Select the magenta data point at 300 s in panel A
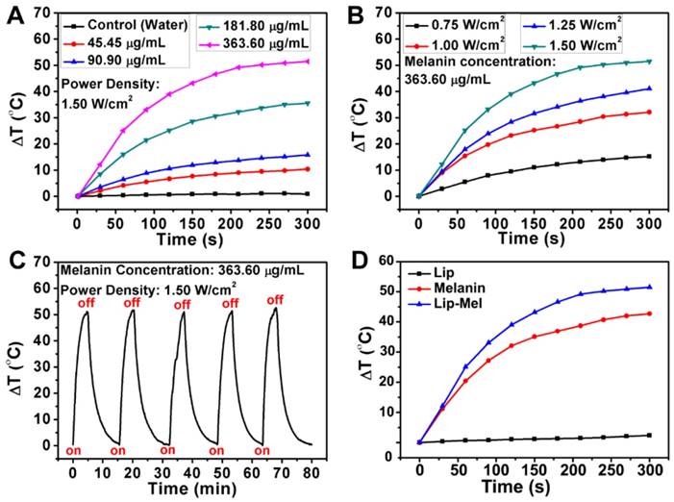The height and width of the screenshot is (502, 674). [x=307, y=62]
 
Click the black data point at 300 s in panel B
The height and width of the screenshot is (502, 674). [x=651, y=156]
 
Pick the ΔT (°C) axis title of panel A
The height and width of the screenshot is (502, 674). [x=17, y=113]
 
